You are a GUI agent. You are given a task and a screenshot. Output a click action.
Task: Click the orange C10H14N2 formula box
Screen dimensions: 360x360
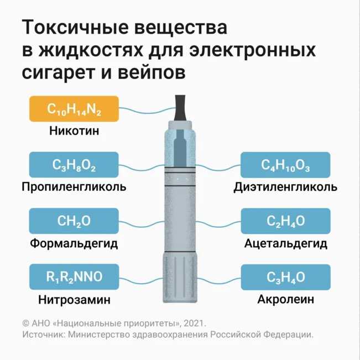tap(74, 109)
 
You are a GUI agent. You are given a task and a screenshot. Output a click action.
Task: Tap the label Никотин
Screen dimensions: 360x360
tap(74, 132)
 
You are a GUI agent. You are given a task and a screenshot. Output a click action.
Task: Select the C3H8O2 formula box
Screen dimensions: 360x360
tap(74, 165)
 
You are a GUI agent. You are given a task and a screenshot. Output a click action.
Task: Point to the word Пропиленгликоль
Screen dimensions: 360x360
tap(74, 187)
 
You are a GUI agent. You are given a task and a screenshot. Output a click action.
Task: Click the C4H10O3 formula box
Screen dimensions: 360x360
tap(285, 165)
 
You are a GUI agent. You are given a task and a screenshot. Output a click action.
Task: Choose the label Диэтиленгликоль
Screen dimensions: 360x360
tap(285, 187)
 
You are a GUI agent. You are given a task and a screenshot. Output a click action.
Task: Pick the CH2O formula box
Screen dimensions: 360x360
tap(74, 221)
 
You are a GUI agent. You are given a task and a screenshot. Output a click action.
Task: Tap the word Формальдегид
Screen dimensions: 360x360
tap(74, 243)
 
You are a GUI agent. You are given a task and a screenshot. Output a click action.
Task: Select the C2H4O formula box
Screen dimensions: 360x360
tap(285, 221)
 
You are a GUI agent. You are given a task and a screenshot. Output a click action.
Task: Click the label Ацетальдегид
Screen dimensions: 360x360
tap(285, 243)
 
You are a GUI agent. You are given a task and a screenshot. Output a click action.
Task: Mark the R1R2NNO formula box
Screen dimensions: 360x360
tap(74, 277)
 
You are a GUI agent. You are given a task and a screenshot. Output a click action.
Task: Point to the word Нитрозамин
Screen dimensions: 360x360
tap(74, 300)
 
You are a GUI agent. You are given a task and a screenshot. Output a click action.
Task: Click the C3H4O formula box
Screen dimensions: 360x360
tap(285, 277)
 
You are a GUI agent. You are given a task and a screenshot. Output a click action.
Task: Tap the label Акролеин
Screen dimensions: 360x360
tap(285, 300)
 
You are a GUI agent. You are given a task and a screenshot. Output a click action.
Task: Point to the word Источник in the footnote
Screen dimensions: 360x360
tap(41, 335)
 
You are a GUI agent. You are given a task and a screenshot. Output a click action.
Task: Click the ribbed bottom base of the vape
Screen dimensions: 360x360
tap(180, 280)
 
